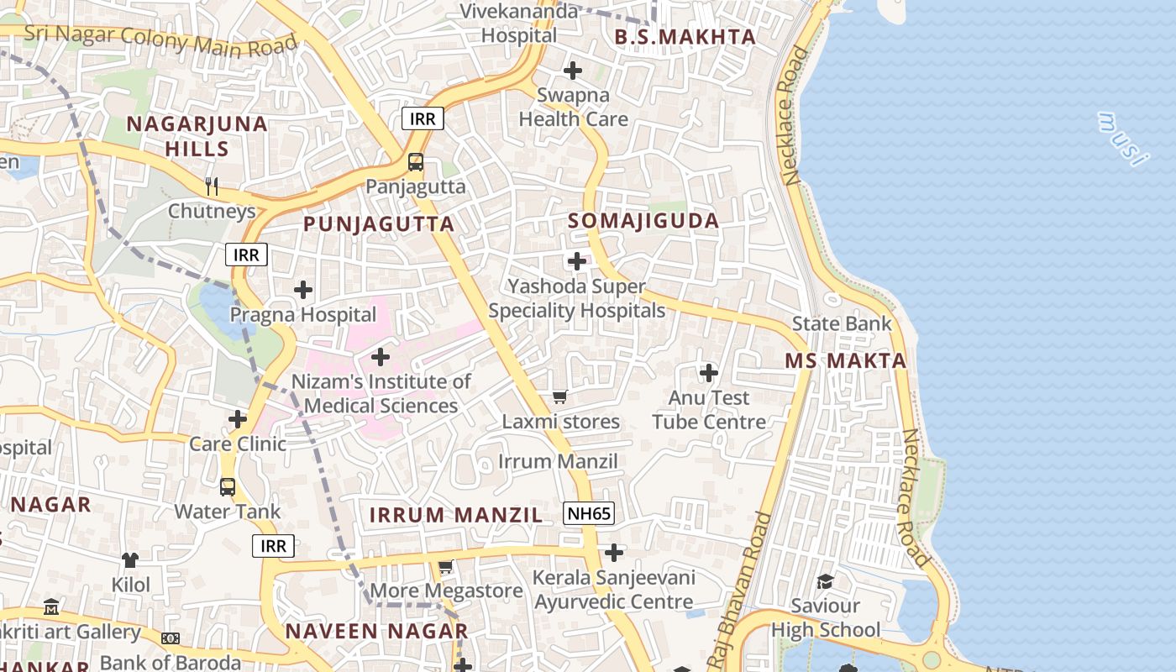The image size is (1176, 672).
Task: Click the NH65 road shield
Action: (x=589, y=513)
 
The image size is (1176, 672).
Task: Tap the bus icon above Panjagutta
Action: (x=416, y=161)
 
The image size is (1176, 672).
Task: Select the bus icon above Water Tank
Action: (x=228, y=486)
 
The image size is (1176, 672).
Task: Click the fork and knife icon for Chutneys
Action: (x=212, y=186)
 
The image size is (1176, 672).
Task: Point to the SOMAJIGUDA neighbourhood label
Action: (x=643, y=221)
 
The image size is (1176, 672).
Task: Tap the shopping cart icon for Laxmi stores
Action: (x=559, y=396)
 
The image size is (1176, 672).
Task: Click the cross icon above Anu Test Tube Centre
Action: (x=709, y=372)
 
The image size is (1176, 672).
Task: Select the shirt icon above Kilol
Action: (x=130, y=559)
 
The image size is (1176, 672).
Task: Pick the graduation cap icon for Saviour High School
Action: (x=826, y=581)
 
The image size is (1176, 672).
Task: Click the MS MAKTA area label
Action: (x=846, y=361)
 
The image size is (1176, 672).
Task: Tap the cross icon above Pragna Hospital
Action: (x=303, y=290)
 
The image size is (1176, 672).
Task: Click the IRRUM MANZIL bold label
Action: (x=456, y=516)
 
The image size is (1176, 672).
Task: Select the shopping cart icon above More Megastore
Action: (x=445, y=567)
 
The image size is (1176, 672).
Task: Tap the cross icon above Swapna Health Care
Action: (x=573, y=71)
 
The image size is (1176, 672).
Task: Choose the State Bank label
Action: (x=842, y=323)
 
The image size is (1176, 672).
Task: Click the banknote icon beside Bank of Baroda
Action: (x=171, y=638)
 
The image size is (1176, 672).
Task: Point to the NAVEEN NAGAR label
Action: (x=376, y=631)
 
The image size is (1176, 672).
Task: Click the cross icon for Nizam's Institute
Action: (x=381, y=357)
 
